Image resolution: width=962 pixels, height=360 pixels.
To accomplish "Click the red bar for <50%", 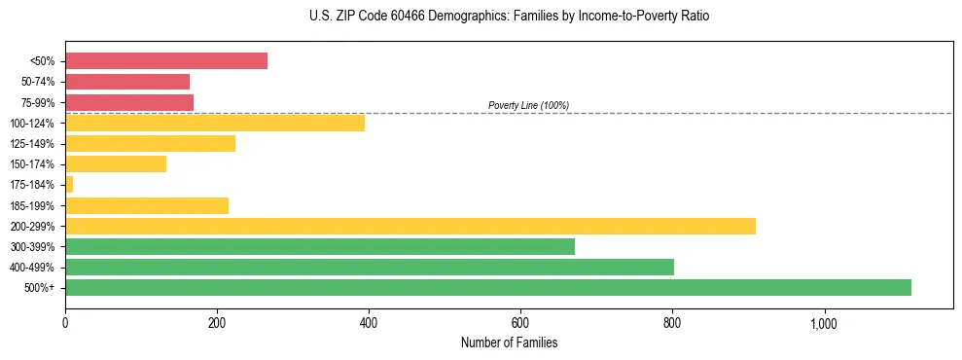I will tap(165, 61).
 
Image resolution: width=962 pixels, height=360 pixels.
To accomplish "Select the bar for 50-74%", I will tap(127, 82).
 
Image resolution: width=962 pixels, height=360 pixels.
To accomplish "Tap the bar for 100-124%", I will tap(214, 123).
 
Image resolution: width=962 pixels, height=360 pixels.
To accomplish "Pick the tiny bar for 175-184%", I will tap(69, 185).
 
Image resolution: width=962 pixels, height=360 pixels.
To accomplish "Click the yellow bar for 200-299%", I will tap(410, 226).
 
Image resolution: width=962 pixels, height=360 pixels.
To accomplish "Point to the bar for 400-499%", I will tap(369, 267).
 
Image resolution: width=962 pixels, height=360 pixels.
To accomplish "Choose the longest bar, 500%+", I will tap(487, 287).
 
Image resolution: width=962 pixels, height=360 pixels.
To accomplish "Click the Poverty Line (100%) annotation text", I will tap(528, 105).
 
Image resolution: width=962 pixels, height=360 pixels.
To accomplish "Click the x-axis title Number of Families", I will tap(509, 342).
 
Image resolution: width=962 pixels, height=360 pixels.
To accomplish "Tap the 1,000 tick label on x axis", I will tap(824, 323).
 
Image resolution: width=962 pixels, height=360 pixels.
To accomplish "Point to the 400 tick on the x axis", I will tap(369, 323).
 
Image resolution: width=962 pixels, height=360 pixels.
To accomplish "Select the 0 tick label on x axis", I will tap(65, 323).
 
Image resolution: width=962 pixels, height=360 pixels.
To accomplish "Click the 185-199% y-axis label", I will tap(33, 206).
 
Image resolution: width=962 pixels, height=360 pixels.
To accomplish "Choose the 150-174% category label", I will tap(33, 164).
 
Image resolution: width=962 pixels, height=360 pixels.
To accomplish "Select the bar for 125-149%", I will tap(150, 143).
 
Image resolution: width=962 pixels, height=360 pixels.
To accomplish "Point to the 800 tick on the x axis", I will tap(672, 323).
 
